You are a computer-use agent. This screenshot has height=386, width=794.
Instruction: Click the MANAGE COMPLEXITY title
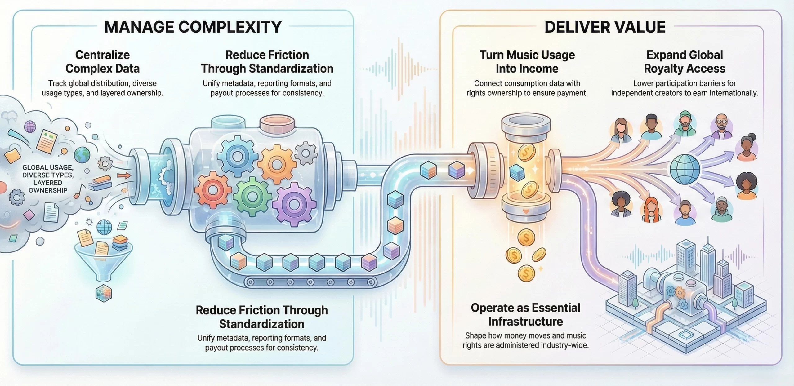[x=193, y=27]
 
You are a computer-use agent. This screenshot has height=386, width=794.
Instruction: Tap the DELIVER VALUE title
[x=605, y=27]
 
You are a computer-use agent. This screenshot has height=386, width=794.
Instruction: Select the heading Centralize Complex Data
[x=102, y=62]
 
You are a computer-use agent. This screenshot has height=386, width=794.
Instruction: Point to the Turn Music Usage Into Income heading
[x=527, y=62]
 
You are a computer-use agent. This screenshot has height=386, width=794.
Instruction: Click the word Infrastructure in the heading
[x=525, y=322]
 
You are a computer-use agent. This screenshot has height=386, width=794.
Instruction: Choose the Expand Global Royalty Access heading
[x=685, y=62]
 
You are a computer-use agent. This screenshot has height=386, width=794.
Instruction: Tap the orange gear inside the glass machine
[x=276, y=164]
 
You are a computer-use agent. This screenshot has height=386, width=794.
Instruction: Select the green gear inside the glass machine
[x=252, y=196]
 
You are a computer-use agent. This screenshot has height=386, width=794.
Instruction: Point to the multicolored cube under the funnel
[x=103, y=293]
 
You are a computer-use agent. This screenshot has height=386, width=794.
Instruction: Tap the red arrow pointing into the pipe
[x=124, y=176]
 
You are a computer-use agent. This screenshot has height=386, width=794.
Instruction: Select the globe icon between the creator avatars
[x=685, y=169]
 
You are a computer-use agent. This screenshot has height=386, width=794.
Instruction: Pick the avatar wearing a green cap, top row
[x=685, y=124]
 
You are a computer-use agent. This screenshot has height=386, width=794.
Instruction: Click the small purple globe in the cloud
[x=30, y=126]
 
